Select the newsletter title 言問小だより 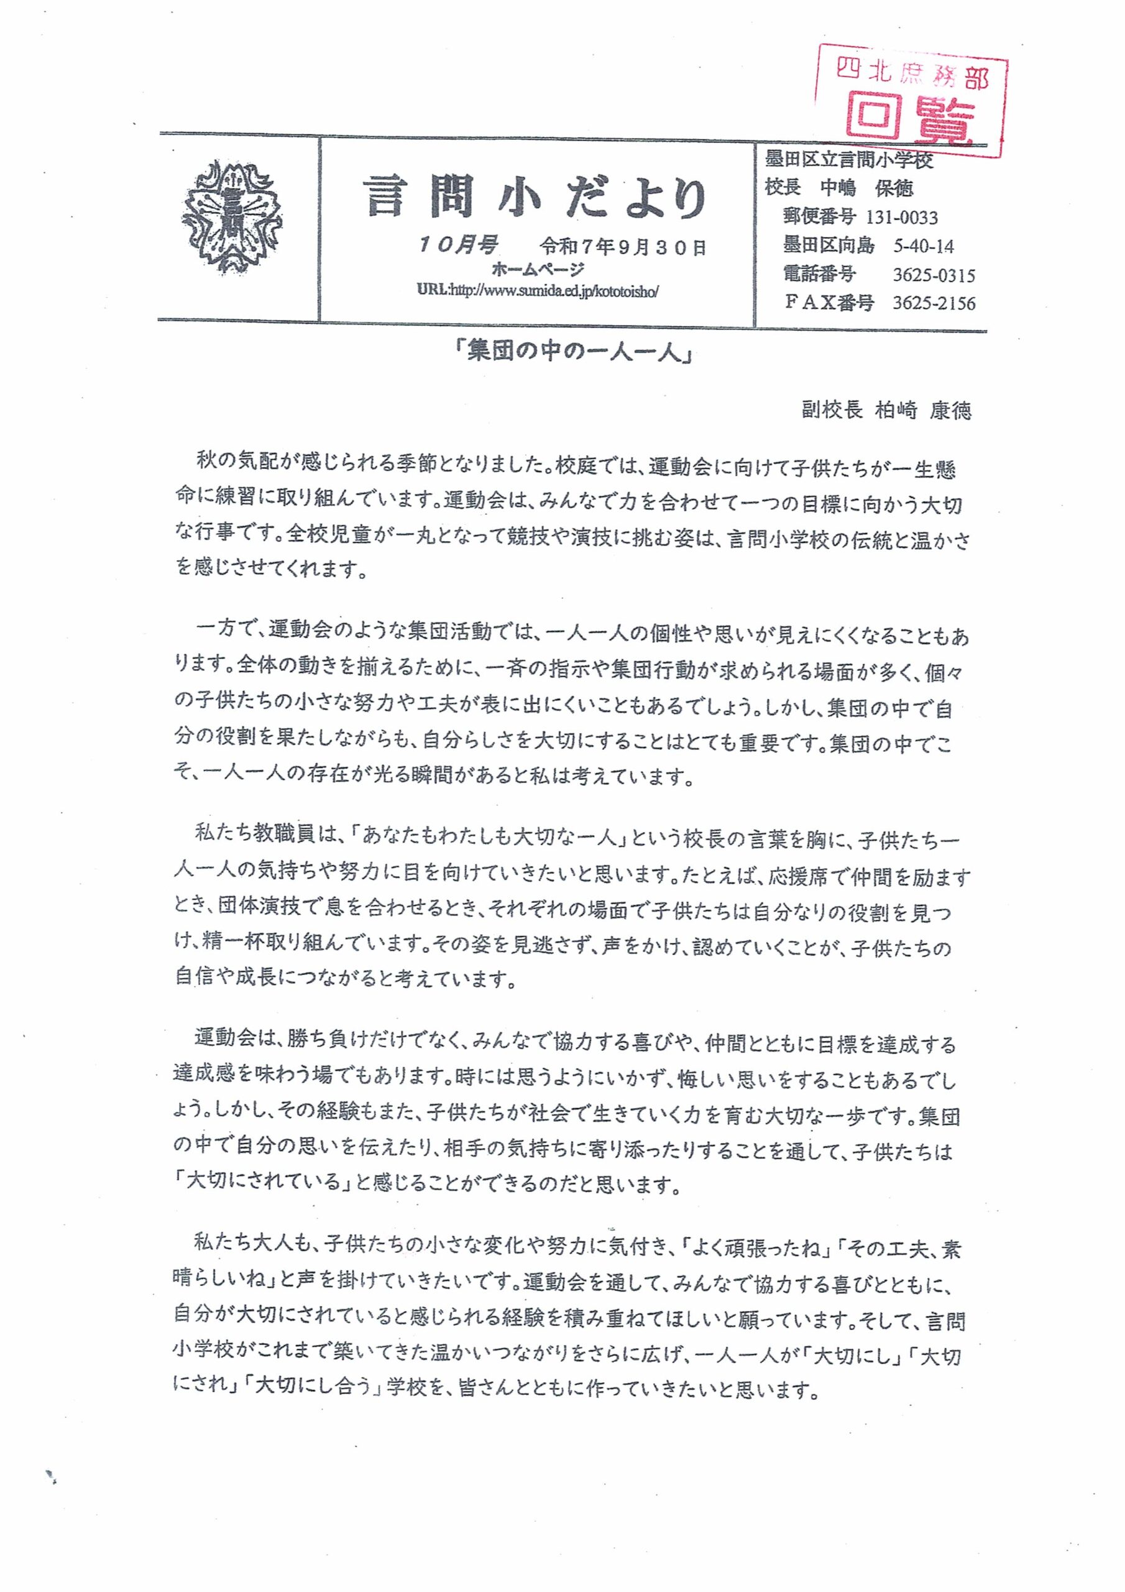(536, 197)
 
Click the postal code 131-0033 (902, 218)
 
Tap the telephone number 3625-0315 (934, 275)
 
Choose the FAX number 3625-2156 (934, 303)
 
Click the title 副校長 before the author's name (832, 410)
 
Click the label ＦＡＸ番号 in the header (829, 303)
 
